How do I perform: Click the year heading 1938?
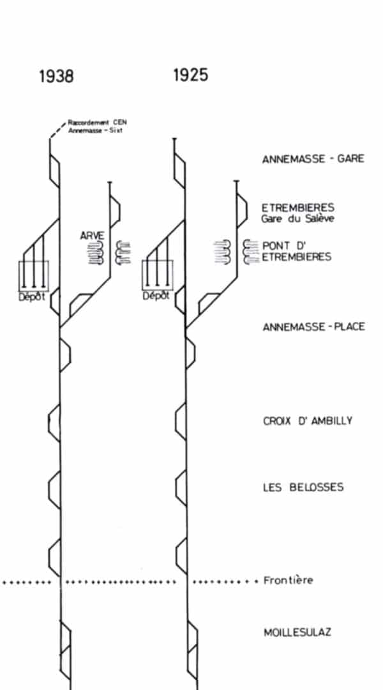pos(56,76)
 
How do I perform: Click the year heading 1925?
pos(190,75)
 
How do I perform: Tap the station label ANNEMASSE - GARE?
pos(313,159)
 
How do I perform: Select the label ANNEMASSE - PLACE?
pos(313,327)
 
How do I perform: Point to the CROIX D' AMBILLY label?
pos(308,420)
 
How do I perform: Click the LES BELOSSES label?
pos(303,487)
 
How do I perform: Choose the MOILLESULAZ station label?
pos(297,632)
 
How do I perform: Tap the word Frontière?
pos(289,580)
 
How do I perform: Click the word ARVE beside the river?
pos(93,236)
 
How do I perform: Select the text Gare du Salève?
pos(297,218)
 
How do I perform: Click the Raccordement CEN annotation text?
pos(97,122)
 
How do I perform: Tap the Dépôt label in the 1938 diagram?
pos(32,296)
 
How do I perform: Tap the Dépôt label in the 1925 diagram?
pos(156,296)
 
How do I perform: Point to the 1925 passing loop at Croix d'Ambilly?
pos(176,421)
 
